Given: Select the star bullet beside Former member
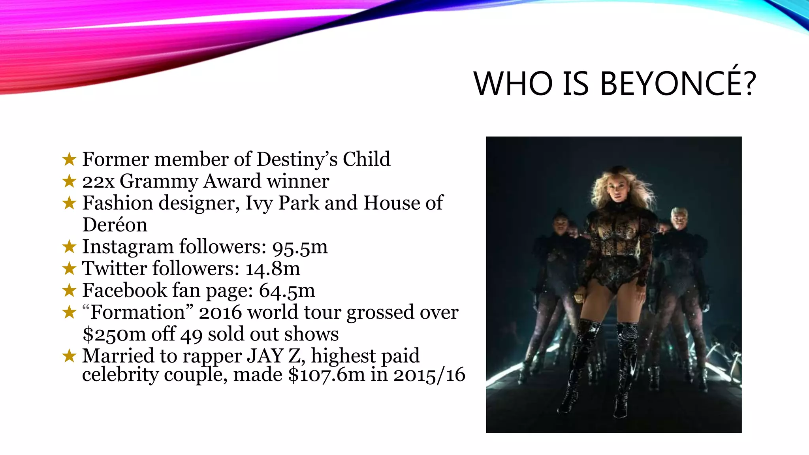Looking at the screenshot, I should [69, 160].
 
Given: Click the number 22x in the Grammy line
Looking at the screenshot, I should [98, 182].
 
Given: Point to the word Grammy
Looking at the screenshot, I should [158, 182].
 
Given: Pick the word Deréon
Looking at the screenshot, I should [115, 225].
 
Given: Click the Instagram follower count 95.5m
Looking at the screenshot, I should [300, 247].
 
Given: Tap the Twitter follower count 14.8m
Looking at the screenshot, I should [273, 269].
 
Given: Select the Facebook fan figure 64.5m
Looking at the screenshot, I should [287, 291].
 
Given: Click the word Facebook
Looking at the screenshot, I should [124, 290].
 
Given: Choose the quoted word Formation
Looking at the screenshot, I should [137, 312].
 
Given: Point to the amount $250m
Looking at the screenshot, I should [114, 335].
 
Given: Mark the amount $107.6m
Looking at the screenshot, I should [326, 374].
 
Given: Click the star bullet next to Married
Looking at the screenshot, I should [69, 356].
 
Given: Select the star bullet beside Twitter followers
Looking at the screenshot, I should [69, 269].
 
